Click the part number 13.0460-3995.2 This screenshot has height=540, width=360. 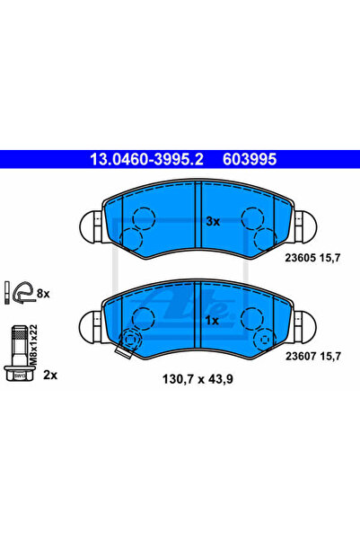click(x=146, y=159)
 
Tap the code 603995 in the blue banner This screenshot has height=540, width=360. click(x=250, y=159)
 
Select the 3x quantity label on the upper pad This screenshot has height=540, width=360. click(x=213, y=221)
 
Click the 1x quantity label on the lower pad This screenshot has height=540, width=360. click(x=212, y=321)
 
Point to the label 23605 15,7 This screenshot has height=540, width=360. click(x=312, y=258)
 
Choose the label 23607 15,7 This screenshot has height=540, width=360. click(x=313, y=356)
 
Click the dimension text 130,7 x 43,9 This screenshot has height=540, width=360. click(x=198, y=379)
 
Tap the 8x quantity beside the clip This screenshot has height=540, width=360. click(x=43, y=294)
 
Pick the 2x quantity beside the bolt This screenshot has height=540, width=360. click(x=50, y=375)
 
